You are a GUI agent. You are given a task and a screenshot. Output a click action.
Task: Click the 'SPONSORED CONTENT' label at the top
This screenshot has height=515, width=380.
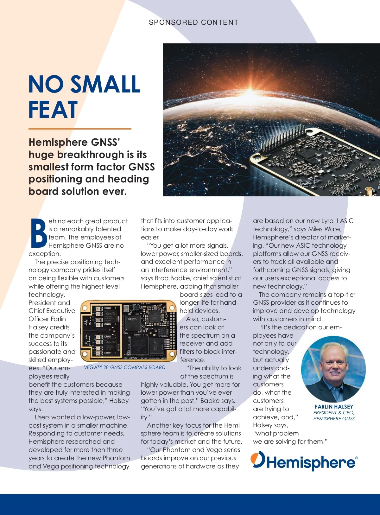point(193,22)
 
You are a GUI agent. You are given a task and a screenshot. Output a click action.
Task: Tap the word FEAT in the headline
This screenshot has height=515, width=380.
point(53,110)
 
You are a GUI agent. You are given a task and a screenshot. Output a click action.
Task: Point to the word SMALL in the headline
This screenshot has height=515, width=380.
point(105,84)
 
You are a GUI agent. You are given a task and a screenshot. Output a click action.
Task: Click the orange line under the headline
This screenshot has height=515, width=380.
point(80,129)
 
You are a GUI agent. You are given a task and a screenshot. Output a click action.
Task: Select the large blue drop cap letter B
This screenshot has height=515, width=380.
point(39,233)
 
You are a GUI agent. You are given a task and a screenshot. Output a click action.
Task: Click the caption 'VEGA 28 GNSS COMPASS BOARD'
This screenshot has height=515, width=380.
point(124,367)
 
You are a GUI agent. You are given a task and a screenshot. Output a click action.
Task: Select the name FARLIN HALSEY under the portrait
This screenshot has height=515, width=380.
point(334,407)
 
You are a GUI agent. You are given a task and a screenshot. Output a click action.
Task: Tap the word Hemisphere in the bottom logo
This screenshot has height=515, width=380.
point(311,463)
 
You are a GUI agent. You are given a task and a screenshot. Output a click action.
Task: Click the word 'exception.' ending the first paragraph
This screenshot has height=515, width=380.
point(45,254)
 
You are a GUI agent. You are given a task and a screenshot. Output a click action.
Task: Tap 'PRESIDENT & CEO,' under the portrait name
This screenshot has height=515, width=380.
point(334,413)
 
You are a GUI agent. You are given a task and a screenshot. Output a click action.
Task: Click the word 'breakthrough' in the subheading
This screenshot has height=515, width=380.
point(88,155)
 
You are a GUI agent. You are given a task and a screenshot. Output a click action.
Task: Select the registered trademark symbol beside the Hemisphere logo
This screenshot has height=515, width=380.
point(356,458)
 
